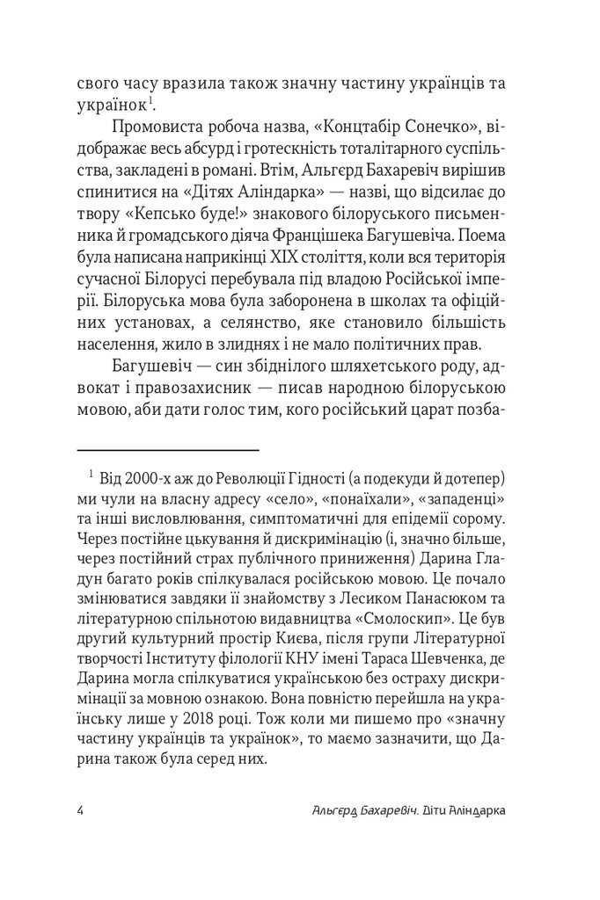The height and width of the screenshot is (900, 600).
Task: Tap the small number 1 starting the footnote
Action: pos(91,475)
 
